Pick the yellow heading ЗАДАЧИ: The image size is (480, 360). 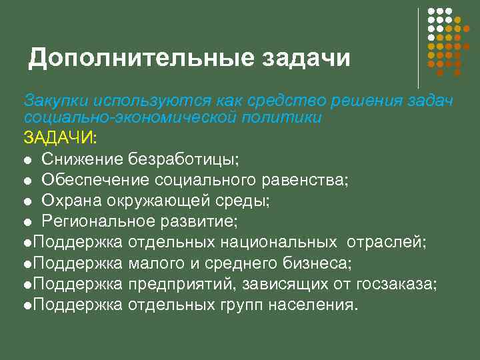[60, 138]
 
